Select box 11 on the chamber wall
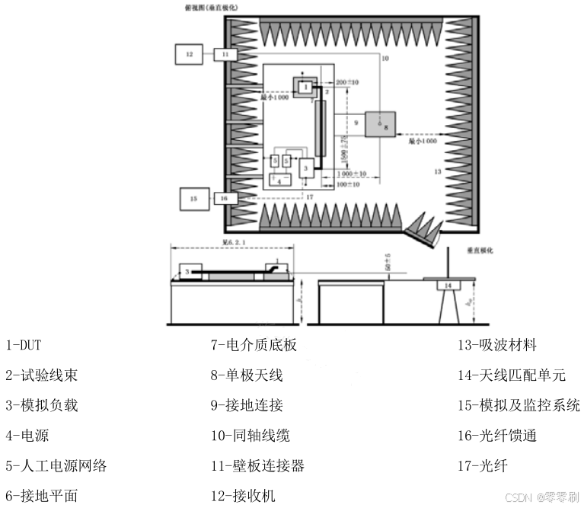225,55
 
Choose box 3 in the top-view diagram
305,167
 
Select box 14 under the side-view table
449,286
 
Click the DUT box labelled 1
305,87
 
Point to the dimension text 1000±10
351,174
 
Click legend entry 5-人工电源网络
56,465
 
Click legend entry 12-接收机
243,496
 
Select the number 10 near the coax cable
385,59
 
